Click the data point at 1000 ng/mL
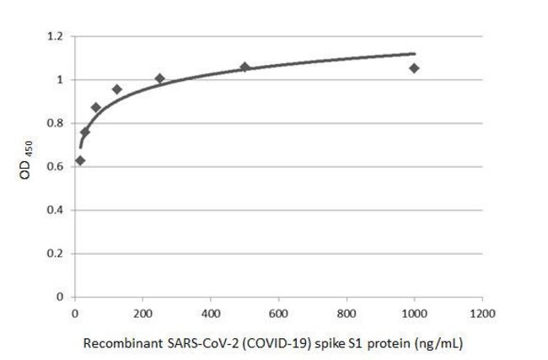(414, 68)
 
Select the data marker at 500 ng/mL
(244, 67)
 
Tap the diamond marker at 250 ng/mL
(159, 78)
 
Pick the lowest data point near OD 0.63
(80, 160)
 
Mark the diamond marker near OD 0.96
(117, 89)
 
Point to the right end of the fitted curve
(415, 53)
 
